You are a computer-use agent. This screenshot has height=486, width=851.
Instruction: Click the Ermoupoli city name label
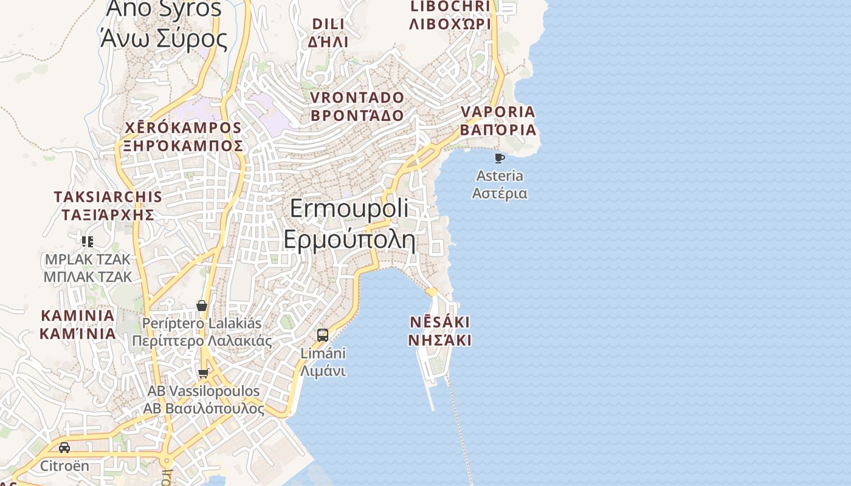350,208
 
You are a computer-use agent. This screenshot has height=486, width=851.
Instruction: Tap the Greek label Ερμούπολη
350,239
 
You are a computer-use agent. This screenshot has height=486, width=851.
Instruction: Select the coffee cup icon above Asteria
500,159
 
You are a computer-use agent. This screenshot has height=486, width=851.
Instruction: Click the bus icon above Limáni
323,335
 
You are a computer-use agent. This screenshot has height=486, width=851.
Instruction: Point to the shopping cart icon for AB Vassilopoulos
204,373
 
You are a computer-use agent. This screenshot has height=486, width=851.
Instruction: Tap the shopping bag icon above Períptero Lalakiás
202,305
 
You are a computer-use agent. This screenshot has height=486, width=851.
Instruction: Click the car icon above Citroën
64,448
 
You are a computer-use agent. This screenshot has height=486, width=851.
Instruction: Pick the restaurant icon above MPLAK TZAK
88,242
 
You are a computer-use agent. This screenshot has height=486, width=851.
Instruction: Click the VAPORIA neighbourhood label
498,112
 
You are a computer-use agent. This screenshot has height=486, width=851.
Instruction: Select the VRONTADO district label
357,98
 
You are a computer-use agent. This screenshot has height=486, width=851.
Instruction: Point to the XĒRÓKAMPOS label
183,128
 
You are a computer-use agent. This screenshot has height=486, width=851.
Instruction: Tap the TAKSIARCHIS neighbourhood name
108,197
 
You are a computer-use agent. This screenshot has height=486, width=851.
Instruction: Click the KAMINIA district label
78,316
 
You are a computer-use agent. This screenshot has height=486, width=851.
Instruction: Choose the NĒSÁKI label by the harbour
439,322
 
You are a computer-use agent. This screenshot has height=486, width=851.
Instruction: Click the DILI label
328,24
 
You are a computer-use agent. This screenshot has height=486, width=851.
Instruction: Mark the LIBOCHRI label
450,7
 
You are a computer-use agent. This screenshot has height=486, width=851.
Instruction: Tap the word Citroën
64,466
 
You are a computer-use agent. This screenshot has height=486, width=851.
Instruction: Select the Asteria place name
500,176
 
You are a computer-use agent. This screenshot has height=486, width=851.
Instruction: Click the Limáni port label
323,353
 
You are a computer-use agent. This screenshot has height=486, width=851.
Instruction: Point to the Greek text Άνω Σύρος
164,39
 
